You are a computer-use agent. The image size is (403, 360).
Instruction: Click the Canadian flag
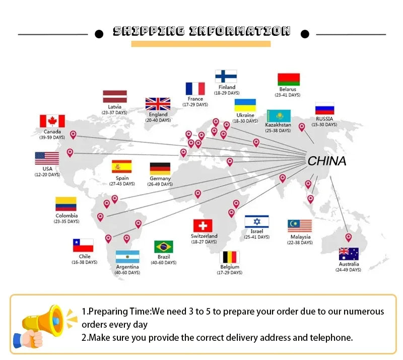(x=52, y=121)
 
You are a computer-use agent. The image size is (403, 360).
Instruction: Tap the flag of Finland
(x=226, y=77)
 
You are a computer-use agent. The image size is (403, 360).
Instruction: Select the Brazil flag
(x=164, y=247)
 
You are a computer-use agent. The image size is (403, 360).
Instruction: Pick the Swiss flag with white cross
(x=203, y=226)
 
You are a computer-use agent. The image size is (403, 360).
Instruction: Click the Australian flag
(x=349, y=254)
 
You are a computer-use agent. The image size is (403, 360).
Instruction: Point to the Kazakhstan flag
(x=279, y=116)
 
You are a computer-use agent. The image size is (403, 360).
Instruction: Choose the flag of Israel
(x=257, y=221)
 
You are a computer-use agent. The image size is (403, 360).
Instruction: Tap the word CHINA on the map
(x=327, y=161)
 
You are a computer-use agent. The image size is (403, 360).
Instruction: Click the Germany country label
(x=160, y=178)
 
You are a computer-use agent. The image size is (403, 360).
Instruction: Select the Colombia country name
(x=66, y=216)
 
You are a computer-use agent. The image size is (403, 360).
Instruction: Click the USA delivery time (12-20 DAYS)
(x=47, y=174)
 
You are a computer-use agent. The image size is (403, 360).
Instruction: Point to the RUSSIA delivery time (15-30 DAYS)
(x=324, y=125)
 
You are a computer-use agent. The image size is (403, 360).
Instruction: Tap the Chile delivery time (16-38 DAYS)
(x=84, y=262)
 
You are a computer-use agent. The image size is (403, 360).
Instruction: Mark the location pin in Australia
(x=348, y=237)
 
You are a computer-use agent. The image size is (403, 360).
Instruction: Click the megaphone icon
(x=44, y=326)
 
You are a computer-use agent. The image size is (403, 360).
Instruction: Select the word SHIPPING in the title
(x=149, y=31)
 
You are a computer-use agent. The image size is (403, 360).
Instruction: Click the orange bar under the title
(x=201, y=44)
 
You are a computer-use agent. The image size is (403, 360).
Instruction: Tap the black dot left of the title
(x=99, y=34)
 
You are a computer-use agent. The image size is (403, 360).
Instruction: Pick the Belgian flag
(x=230, y=257)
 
